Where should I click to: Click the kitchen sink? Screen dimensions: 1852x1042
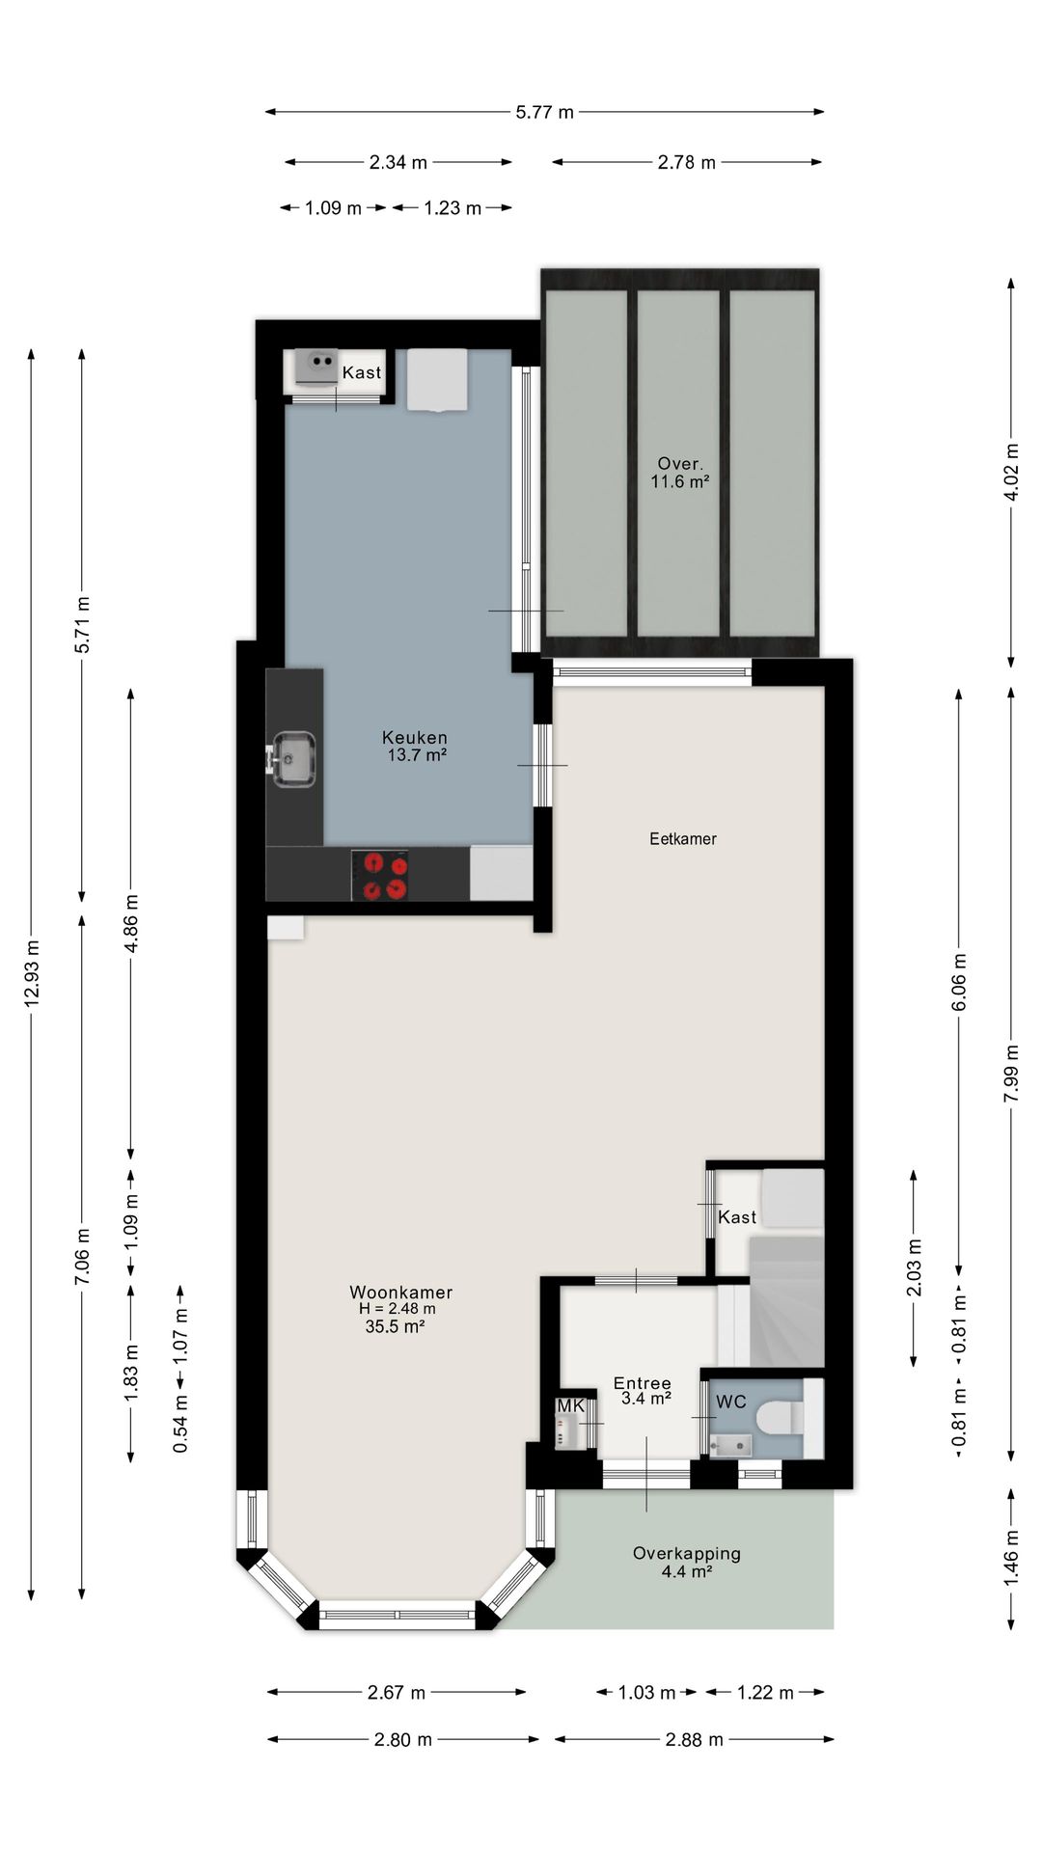[x=293, y=758]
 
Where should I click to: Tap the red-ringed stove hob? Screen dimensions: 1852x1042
[x=380, y=875]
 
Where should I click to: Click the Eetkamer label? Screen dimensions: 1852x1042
[x=683, y=838]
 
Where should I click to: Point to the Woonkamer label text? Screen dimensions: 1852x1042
[x=400, y=1293]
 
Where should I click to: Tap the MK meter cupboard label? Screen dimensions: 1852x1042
[x=571, y=1405]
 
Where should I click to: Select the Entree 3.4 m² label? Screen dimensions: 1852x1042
[x=643, y=1391]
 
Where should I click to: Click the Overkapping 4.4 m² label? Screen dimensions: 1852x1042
[x=686, y=1562]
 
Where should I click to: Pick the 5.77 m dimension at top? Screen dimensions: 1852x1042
[x=544, y=112]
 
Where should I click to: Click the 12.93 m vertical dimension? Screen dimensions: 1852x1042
[x=32, y=972]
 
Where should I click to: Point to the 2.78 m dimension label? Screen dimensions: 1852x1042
[x=687, y=162]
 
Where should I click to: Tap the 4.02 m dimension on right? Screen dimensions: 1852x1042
[x=1011, y=472]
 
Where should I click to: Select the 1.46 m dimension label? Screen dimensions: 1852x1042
[x=1011, y=1557]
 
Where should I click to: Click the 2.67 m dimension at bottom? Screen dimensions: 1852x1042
[x=397, y=1692]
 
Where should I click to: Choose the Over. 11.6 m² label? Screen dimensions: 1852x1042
[x=680, y=472]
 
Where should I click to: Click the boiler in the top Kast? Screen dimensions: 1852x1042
[x=316, y=365]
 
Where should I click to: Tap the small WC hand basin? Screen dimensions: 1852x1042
[x=730, y=1444]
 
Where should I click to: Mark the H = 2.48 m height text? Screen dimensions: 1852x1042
[x=398, y=1309]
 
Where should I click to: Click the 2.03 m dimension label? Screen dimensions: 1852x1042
[x=914, y=1267]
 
